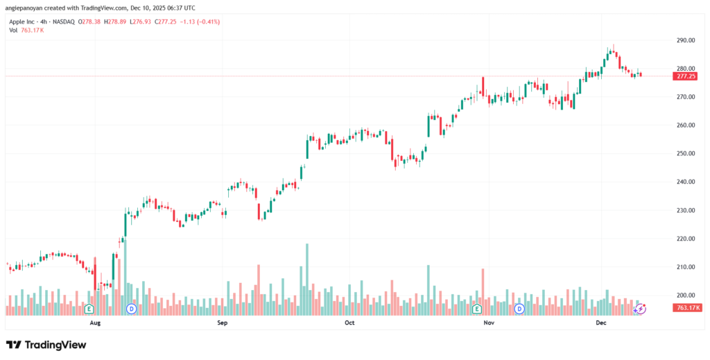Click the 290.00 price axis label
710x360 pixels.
tap(686, 40)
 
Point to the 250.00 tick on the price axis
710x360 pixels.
tap(686, 153)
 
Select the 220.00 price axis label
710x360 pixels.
tap(686, 239)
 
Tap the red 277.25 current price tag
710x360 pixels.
tap(686, 76)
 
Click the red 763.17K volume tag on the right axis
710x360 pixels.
tap(687, 307)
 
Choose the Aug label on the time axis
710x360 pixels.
tap(96, 323)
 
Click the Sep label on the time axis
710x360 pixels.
tap(223, 323)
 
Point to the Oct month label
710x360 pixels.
tap(349, 323)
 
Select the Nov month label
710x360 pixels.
tap(489, 323)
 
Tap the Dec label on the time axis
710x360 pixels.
tap(601, 323)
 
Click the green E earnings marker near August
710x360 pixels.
tap(89, 307)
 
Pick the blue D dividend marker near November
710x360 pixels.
tap(520, 307)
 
